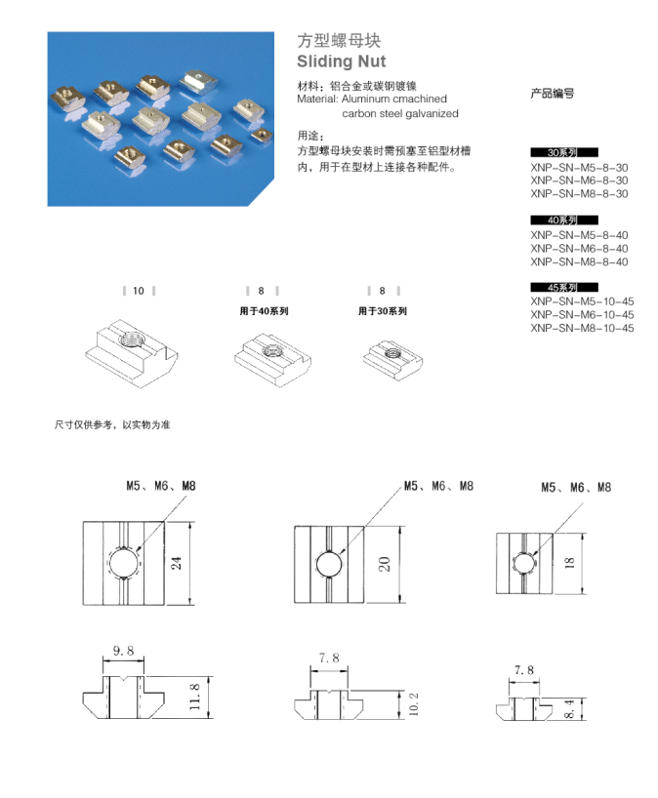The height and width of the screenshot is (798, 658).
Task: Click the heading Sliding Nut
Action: click(x=341, y=61)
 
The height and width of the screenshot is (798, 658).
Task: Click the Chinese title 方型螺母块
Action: click(x=338, y=41)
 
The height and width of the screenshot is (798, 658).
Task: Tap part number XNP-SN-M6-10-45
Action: click(x=582, y=314)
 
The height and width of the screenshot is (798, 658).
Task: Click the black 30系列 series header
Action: click(x=563, y=153)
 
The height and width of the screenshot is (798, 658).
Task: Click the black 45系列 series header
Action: click(x=563, y=288)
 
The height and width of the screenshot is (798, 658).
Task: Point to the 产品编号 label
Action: click(x=552, y=94)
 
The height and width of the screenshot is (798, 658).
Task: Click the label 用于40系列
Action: click(x=264, y=311)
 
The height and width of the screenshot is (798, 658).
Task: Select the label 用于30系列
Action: click(x=382, y=311)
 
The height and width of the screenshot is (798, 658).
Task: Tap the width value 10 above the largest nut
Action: click(x=139, y=291)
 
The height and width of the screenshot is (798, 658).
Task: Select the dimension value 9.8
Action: click(x=124, y=649)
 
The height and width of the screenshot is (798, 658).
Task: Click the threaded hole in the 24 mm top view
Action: click(x=125, y=563)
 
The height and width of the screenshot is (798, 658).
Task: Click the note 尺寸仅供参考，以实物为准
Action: click(x=111, y=425)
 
